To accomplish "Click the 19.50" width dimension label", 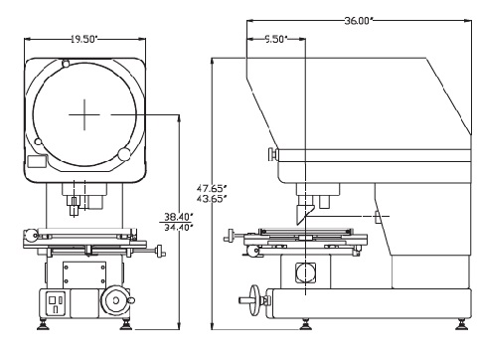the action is point(84,39).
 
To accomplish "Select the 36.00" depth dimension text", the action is point(359,21).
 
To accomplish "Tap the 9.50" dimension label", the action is point(276,39).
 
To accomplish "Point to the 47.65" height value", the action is point(212,188).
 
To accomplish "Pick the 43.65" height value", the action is point(212,199).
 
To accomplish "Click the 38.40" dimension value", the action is point(179,217).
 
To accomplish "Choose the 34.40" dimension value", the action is point(179,228).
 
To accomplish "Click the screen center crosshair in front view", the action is point(84,114).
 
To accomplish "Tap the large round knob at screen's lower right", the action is point(124,154).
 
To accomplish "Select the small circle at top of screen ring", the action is point(66,64).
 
